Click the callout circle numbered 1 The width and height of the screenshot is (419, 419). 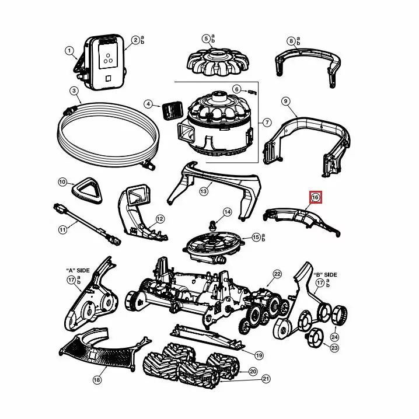[70, 51]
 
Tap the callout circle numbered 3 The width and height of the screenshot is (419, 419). [74, 90]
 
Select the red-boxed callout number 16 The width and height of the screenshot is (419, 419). [315, 198]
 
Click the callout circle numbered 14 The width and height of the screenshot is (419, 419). [227, 212]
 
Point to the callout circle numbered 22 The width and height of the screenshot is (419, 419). [277, 274]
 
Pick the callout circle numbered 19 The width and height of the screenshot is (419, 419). [259, 355]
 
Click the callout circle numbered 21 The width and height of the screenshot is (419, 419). [266, 379]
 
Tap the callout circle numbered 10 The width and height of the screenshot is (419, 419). [62, 183]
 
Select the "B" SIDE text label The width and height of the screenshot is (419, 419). [326, 274]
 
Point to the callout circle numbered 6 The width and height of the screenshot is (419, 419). [236, 89]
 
